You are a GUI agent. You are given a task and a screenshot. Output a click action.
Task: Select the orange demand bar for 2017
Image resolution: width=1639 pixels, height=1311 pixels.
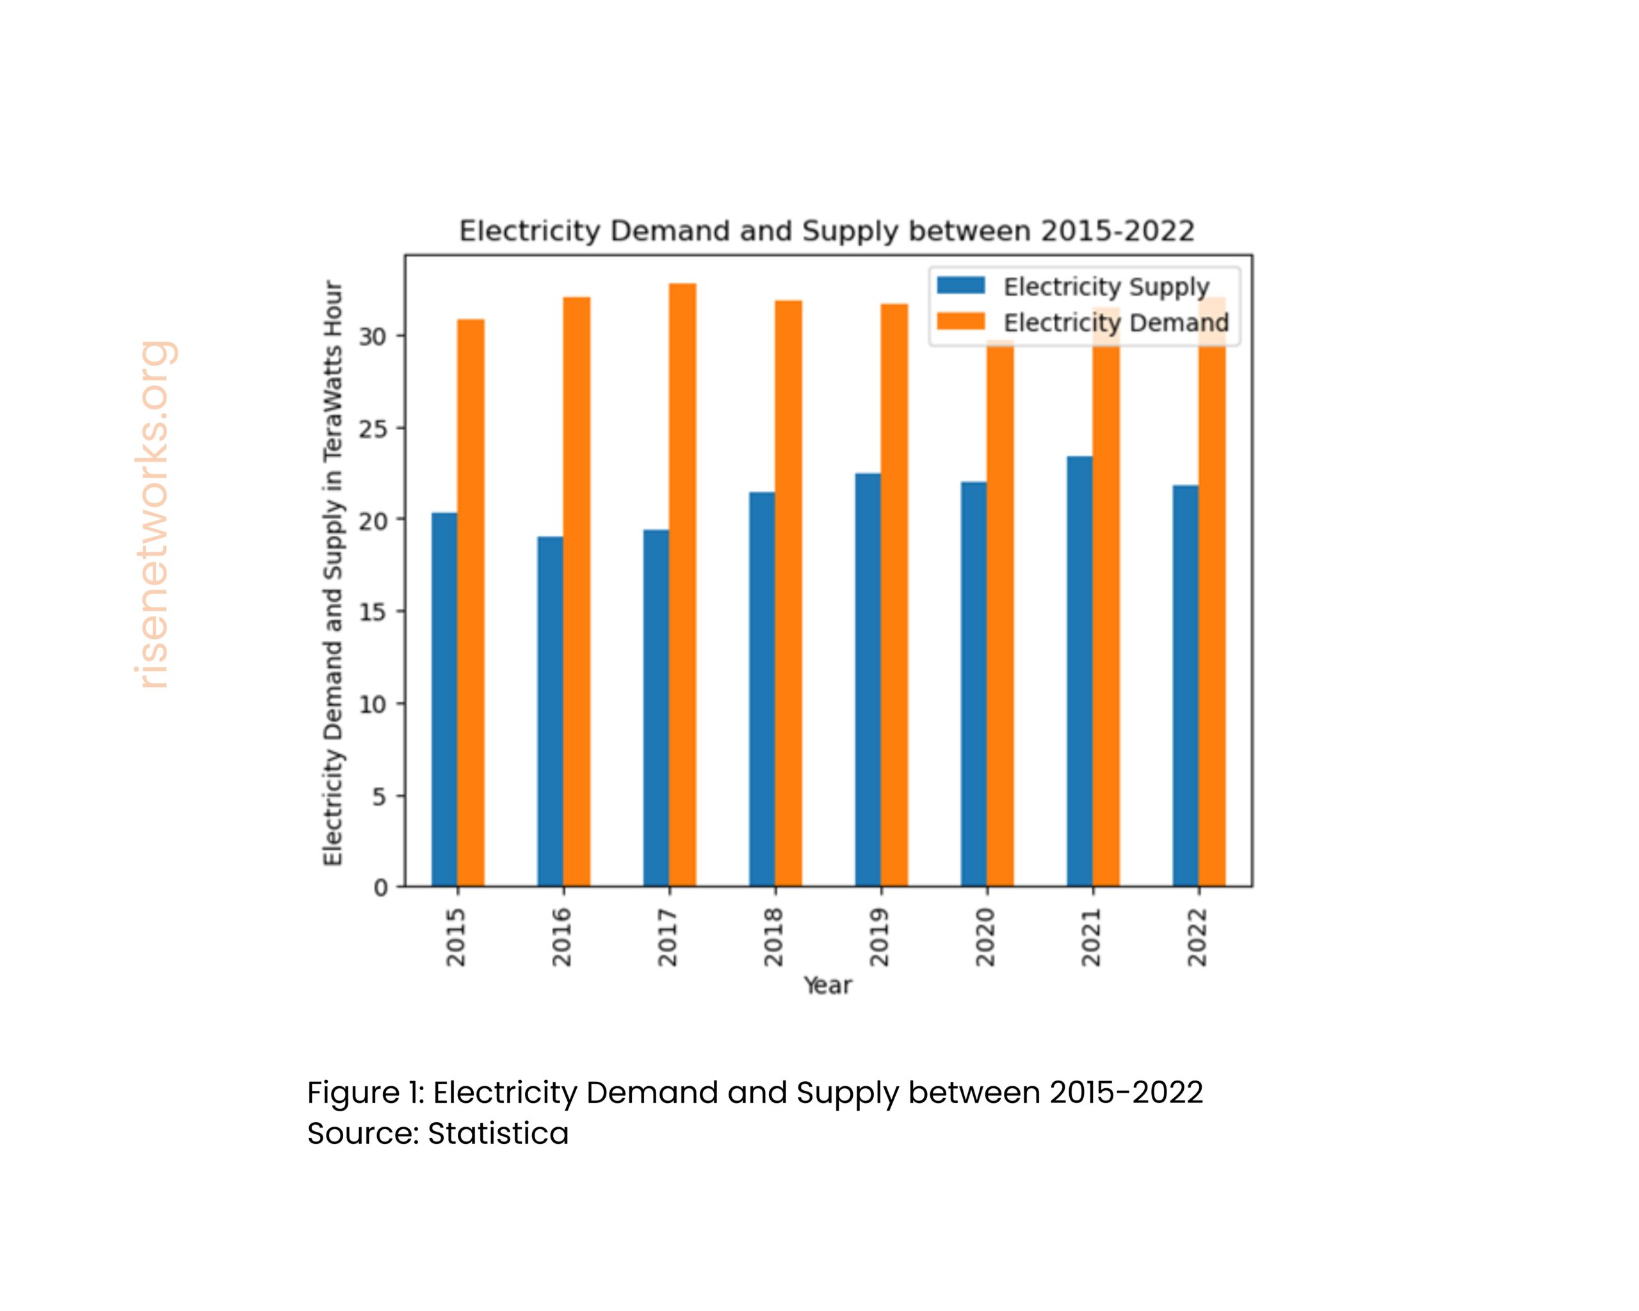(x=682, y=585)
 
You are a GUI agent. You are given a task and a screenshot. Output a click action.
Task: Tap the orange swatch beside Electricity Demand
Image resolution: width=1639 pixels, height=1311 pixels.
(x=961, y=321)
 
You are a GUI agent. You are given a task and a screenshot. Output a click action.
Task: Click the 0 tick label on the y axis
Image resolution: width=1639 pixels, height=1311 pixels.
(x=380, y=888)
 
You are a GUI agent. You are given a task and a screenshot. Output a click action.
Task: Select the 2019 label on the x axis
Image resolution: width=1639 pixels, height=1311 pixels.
(x=880, y=937)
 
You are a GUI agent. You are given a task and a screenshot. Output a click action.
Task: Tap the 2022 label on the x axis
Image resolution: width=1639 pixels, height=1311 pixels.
(x=1197, y=937)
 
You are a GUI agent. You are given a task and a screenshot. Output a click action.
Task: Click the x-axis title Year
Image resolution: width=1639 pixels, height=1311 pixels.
(x=828, y=986)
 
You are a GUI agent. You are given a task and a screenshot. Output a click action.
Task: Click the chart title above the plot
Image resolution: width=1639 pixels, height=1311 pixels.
(x=827, y=231)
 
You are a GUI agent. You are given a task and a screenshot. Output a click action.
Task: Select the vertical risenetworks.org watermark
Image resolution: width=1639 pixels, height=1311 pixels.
(x=154, y=515)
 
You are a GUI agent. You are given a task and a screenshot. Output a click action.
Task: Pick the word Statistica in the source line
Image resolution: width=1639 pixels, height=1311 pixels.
(x=498, y=1133)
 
